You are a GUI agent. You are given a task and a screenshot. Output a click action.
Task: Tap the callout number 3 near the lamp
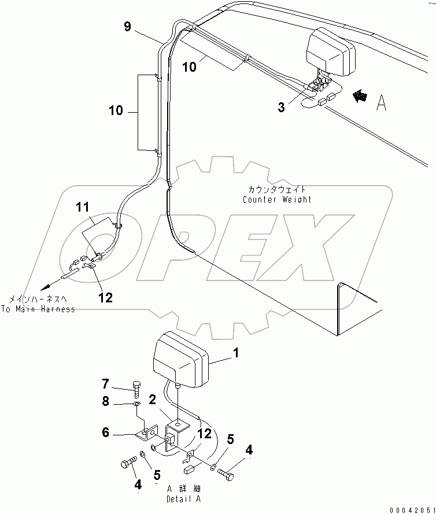pos(281,108)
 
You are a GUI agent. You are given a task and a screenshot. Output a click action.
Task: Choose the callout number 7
pos(105,384)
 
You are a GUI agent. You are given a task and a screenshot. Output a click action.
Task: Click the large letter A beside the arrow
pos(381,103)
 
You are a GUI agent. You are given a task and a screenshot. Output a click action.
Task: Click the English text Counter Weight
pos(276,199)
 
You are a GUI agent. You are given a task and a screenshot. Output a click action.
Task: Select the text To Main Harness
pos(38,309)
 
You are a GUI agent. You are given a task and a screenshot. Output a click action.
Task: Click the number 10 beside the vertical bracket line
pos(116,110)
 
